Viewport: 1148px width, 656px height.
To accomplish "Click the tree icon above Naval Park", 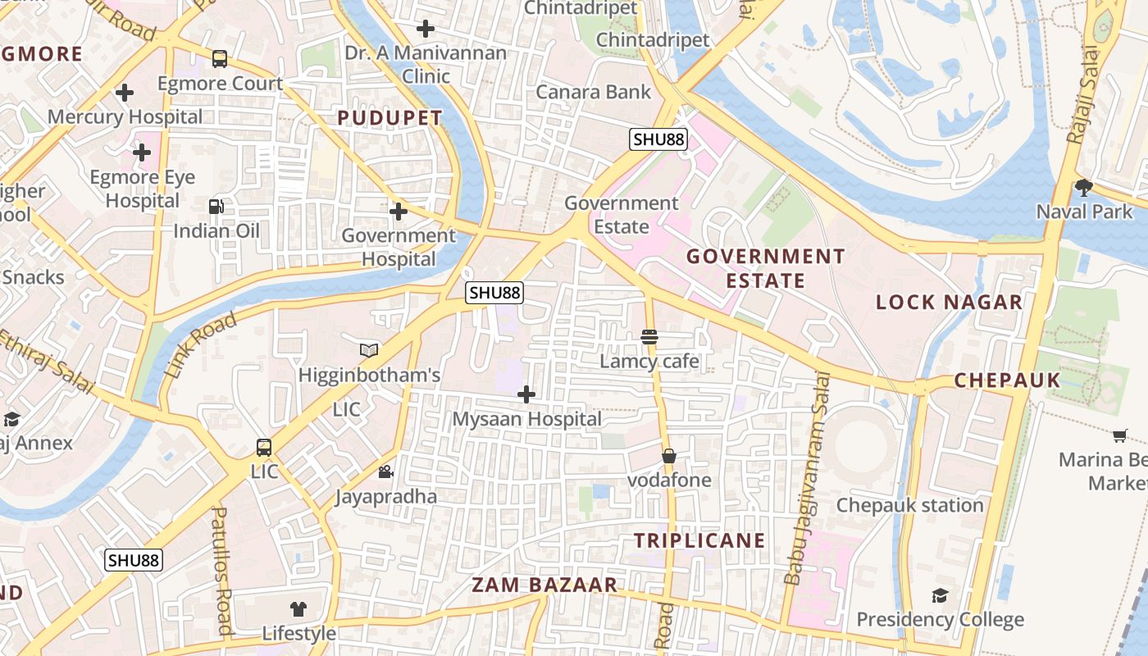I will pos(1083,188).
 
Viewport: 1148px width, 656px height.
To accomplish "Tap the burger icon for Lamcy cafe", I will pos(649,337).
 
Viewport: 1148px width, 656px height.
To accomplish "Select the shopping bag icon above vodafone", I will pos(669,456).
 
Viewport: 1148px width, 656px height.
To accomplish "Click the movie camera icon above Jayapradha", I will pos(385,472).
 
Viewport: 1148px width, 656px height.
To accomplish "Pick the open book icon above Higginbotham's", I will pos(369,351).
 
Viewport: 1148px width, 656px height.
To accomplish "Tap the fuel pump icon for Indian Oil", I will pos(216,207).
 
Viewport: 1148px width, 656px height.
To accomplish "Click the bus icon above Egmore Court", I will pos(220,59).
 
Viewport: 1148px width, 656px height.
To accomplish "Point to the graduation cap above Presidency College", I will pos(940,595).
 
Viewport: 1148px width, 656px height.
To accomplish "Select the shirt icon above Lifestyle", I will pos(298,609).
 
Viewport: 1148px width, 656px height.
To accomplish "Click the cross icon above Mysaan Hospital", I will pos(526,395).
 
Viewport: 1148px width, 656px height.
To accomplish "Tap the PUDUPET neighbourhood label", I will pos(390,118).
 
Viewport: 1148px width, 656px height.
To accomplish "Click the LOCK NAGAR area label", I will pos(950,303).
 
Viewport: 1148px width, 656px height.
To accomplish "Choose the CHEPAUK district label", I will pos(1007,380).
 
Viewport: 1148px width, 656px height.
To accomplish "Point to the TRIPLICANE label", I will pos(699,541).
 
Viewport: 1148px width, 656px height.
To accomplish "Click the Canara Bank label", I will pos(594,92).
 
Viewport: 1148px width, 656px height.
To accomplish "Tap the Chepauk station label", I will pos(909,505).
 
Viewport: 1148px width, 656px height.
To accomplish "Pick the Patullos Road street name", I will pos(221,570).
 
